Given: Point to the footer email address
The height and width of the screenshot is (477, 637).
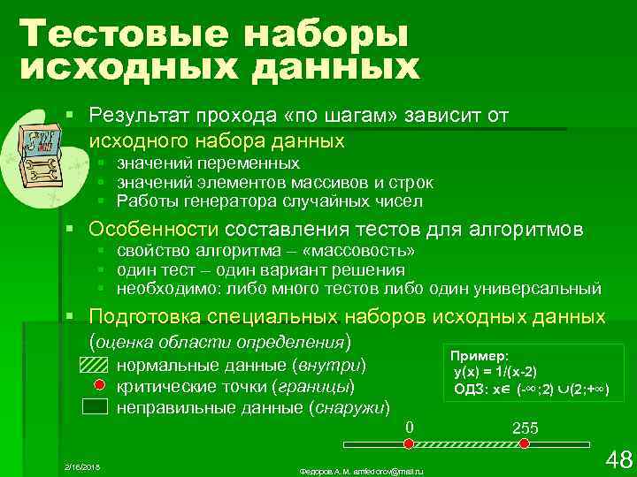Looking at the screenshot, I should click(x=363, y=466).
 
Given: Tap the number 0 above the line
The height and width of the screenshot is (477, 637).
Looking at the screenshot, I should click(x=409, y=428).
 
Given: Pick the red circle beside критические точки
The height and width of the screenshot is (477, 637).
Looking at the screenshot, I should click(x=100, y=386).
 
